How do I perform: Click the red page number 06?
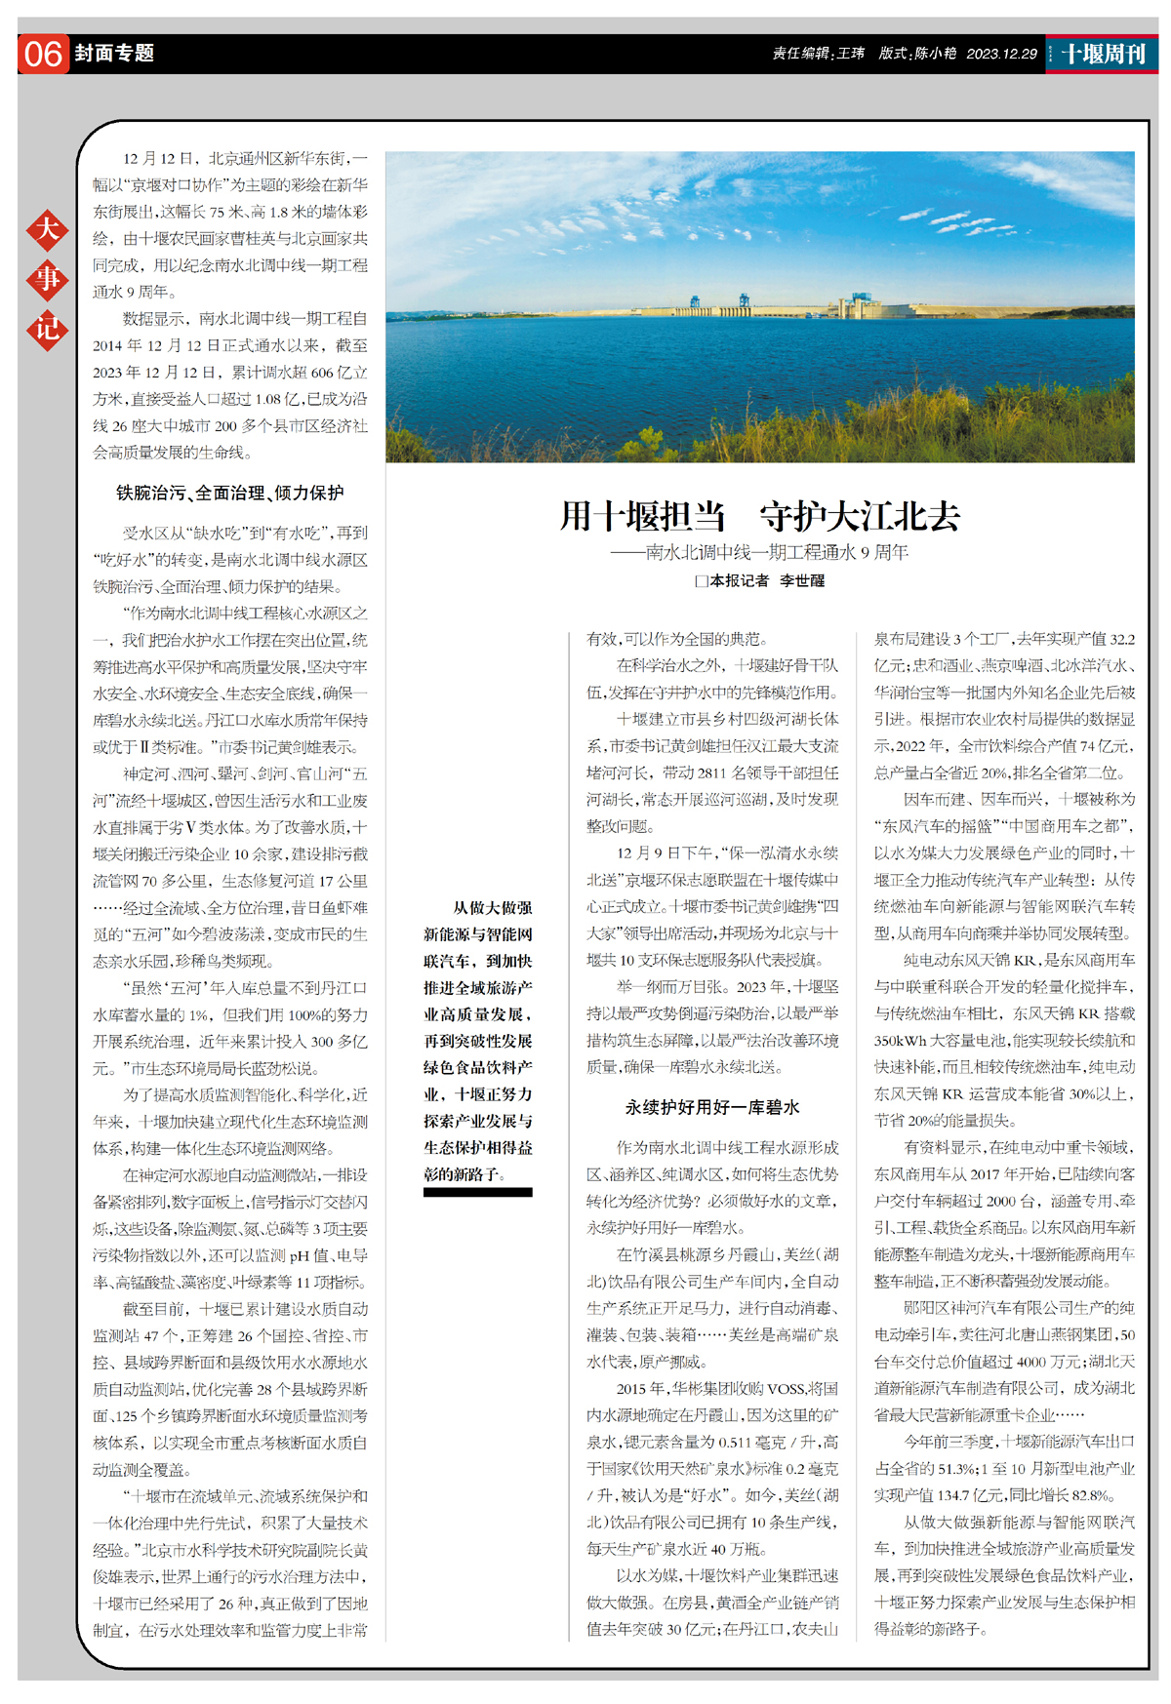tap(43, 54)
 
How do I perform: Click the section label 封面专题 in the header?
tap(114, 54)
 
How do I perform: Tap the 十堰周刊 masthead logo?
tap(1103, 54)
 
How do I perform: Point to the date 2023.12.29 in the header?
tap(1001, 54)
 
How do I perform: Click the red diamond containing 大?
tap(47, 230)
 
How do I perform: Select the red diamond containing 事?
tap(47, 280)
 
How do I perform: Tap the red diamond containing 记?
tap(47, 329)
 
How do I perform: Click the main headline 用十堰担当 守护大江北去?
tap(759, 516)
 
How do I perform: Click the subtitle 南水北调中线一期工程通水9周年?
tap(776, 553)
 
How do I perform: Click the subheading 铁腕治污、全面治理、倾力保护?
tap(230, 494)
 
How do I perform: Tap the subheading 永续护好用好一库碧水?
tap(712, 1107)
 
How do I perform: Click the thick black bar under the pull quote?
tap(478, 1192)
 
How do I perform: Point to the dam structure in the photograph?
tap(859, 306)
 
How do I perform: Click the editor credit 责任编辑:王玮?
tap(818, 54)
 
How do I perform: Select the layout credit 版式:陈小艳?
tap(916, 54)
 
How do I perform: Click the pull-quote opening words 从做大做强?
tap(493, 908)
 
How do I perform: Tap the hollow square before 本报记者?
tap(701, 581)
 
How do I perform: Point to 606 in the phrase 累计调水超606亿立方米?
tap(322, 373)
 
